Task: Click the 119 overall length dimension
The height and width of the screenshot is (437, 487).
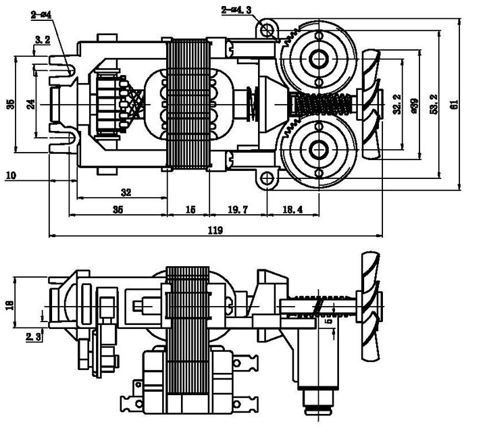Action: pos(215,230)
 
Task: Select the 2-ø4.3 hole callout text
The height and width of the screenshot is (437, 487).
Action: pos(236,10)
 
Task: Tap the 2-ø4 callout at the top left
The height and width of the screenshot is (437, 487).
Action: pos(41,14)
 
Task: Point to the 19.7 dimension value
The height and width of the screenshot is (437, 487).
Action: pos(238,209)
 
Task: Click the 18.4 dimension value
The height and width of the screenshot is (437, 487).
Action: pos(292,209)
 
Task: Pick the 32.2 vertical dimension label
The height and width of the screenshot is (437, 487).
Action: pos(398,104)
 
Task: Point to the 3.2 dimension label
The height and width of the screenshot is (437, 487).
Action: pos(43,40)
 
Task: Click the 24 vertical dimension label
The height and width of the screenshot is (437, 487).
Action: pos(31,105)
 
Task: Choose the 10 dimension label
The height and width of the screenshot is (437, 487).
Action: pos(11,176)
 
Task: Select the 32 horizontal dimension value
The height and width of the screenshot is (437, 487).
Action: pos(126,192)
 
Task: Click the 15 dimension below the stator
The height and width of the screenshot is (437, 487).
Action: pos(190,209)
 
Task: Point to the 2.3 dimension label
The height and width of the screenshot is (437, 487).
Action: pos(33,337)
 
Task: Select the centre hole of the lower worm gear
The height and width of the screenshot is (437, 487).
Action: pos(318,150)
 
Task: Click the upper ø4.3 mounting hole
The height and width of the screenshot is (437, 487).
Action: pos(266,30)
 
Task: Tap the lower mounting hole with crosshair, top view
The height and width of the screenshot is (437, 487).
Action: pos(266,178)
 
